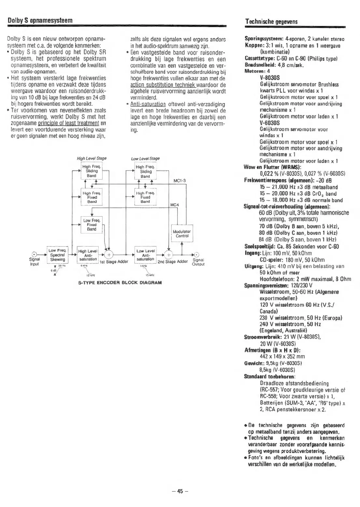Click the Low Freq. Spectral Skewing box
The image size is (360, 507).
coord(57,255)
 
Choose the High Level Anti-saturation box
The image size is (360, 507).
coord(88,255)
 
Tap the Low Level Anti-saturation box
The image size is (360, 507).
coord(145,255)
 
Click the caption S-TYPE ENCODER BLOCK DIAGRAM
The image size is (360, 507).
coord(120,283)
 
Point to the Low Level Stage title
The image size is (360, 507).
coord(145,159)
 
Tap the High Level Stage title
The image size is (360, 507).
coord(91,159)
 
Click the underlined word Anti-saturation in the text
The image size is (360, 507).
coord(148,104)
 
